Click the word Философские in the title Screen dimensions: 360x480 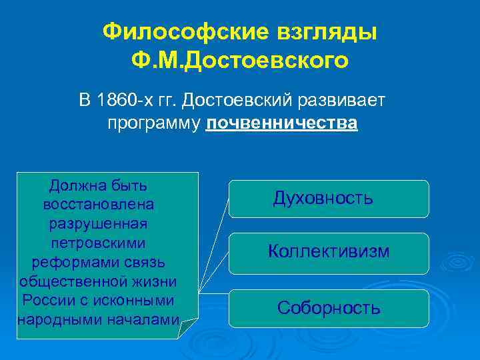coord(183,31)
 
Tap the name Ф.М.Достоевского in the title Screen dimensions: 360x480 coord(240,61)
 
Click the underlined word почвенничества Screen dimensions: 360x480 coord(282,124)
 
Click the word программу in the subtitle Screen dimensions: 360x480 coord(155,124)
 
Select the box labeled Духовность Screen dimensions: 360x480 coord(328,198)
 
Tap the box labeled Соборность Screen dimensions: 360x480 coord(328,307)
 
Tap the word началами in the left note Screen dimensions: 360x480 coord(144,319)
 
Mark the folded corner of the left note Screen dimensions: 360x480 coord(189,326)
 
